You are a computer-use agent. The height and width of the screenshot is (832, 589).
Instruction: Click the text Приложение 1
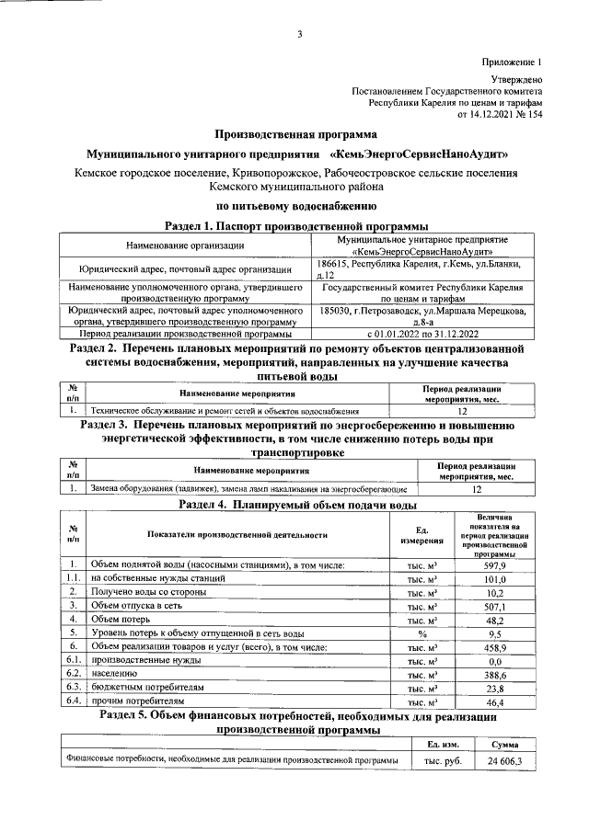point(512,62)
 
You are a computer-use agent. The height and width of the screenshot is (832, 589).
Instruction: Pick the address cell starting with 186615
point(422,268)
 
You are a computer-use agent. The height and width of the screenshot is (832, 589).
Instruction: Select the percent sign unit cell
point(422,633)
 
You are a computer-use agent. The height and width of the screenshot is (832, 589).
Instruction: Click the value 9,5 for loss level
point(495,633)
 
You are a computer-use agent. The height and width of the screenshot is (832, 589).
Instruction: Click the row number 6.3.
point(73,688)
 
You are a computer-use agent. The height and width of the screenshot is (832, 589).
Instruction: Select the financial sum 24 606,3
point(503,760)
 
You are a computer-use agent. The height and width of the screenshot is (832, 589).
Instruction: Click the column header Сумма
point(503,743)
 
